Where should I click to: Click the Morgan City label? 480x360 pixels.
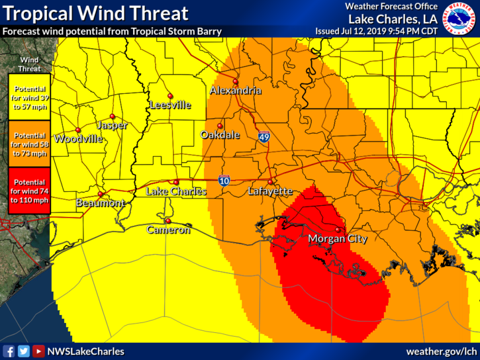pos(338,239)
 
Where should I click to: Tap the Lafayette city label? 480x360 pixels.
pos(270,191)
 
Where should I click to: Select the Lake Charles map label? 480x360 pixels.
pos(176,191)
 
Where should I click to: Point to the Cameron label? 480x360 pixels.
pos(168,230)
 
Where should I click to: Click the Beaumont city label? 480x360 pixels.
pos(101,203)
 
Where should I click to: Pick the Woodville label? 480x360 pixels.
pos(79,139)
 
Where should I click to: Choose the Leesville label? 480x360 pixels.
pos(170,105)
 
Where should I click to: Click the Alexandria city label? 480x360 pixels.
pos(236,91)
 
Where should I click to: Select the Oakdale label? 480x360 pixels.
pos(220,134)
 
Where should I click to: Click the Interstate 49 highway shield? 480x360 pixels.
pos(264,137)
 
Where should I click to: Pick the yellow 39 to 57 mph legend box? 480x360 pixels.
pos(30,97)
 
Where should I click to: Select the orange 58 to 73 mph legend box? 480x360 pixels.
pos(30,144)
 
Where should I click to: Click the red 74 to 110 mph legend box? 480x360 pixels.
pos(30,191)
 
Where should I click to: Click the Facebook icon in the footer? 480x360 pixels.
pos(9,351)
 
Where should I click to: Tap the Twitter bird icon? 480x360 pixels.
pos(24,351)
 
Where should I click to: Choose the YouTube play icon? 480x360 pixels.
pos(39,351)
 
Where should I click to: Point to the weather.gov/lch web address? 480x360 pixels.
pos(441,351)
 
